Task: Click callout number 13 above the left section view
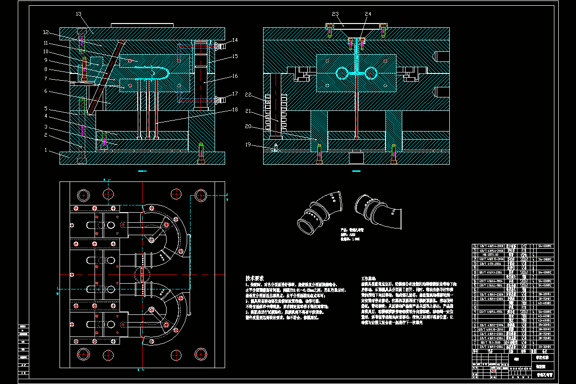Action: [79, 14]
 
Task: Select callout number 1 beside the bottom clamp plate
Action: [47, 151]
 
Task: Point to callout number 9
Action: [47, 60]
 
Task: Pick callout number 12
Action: [46, 33]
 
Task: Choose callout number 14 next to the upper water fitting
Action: [235, 40]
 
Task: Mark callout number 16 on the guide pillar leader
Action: [235, 76]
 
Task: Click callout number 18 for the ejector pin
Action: [235, 110]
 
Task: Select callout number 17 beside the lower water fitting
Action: [235, 94]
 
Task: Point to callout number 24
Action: [368, 14]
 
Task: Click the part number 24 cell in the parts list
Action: [476, 246]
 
